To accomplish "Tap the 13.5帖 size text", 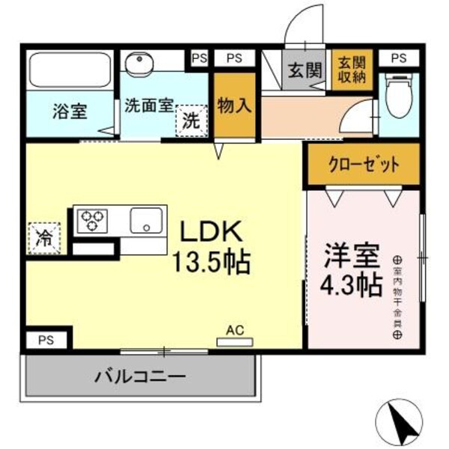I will [210, 262].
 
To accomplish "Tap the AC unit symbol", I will [235, 340].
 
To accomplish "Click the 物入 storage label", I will [234, 106].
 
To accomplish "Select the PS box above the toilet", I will [399, 58].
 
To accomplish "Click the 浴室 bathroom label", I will [70, 112].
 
